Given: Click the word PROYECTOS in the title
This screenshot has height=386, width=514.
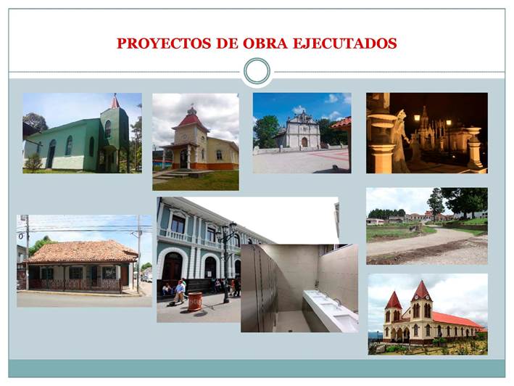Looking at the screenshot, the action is (x=164, y=44).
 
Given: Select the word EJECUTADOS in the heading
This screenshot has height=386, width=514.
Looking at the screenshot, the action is (x=344, y=44).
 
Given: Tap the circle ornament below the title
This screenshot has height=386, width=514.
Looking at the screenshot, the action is (x=257, y=71).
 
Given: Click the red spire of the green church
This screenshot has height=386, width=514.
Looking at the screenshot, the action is (x=115, y=102).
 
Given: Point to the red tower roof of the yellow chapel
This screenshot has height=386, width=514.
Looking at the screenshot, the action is (x=191, y=120).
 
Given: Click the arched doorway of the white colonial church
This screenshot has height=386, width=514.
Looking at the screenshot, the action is (x=304, y=142).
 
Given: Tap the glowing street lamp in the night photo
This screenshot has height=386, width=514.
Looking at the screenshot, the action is (x=417, y=118).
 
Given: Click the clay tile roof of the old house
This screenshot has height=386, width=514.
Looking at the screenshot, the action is (x=83, y=251).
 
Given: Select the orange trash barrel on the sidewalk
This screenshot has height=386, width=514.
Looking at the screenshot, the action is (x=195, y=301).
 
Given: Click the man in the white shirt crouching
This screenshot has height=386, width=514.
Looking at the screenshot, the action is (x=179, y=291).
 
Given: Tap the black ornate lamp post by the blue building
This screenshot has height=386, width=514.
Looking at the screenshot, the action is (x=226, y=263).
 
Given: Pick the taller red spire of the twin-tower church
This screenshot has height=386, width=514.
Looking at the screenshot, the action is (x=421, y=290).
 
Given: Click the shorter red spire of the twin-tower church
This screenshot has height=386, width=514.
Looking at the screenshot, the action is (x=393, y=300).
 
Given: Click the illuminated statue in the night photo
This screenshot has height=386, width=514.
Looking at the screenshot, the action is (x=401, y=141).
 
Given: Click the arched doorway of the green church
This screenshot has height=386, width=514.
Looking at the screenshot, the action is (x=51, y=154).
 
